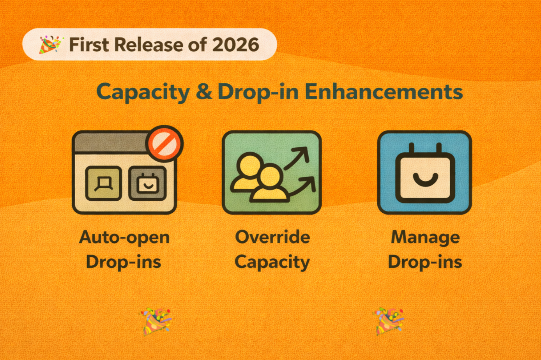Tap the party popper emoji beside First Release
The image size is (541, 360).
(x=51, y=44)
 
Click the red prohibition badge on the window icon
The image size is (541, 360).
(x=164, y=143)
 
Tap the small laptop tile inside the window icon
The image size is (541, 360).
(x=103, y=183)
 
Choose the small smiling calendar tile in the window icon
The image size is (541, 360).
(x=147, y=183)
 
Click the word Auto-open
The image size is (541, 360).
(x=124, y=237)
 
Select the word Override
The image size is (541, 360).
(x=272, y=237)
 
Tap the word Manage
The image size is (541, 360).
(x=425, y=237)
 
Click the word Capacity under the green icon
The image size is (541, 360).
(x=272, y=261)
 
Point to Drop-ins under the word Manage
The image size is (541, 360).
(x=425, y=261)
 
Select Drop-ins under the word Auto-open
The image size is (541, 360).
(x=124, y=261)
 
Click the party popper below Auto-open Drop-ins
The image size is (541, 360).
(x=156, y=321)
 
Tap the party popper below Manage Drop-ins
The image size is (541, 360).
(x=388, y=321)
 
